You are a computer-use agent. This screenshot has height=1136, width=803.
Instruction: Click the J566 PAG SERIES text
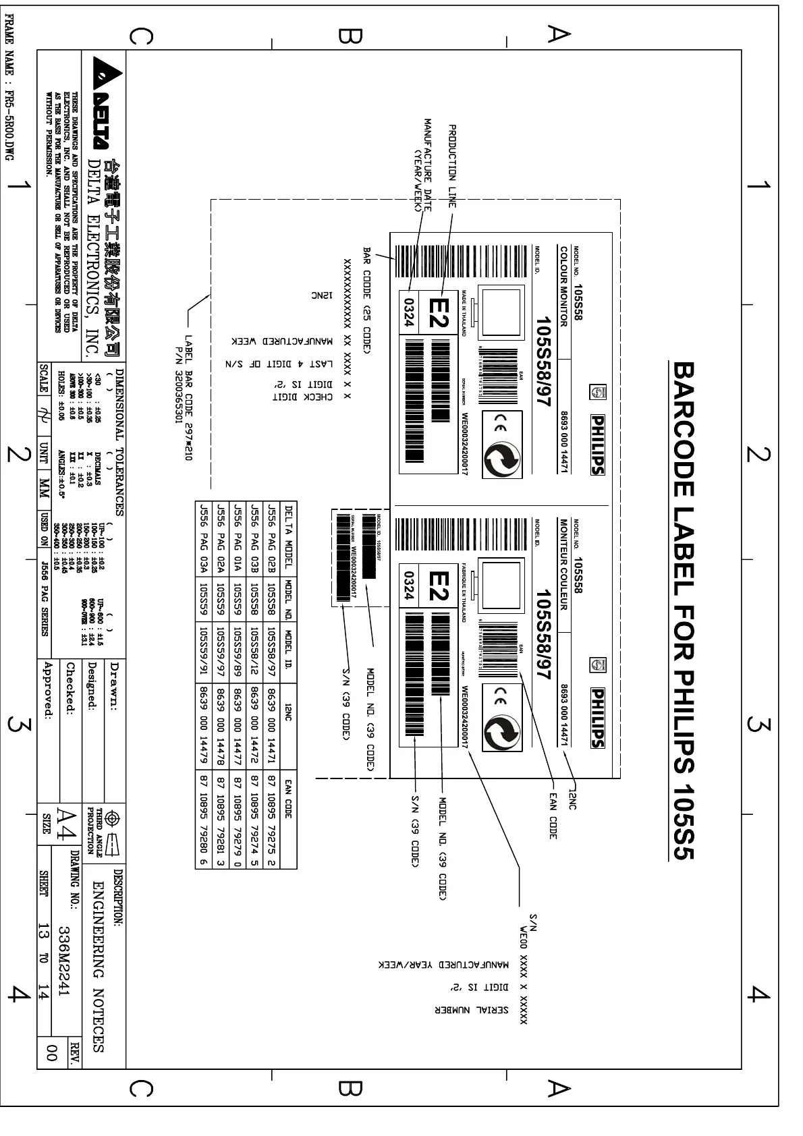(x=45, y=602)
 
